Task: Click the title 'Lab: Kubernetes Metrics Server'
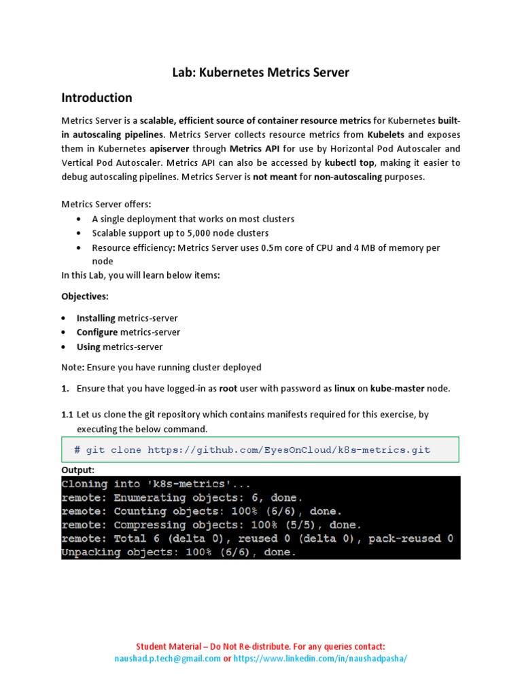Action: click(260, 72)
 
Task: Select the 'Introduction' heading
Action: click(97, 97)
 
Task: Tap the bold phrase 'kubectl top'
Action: click(349, 163)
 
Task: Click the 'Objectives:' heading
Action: click(85, 297)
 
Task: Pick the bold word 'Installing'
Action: click(96, 318)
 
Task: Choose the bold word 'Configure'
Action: click(97, 332)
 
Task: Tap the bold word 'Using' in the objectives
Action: click(88, 347)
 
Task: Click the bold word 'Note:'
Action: click(73, 368)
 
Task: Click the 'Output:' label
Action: click(78, 470)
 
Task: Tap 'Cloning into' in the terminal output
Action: click(94, 485)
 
